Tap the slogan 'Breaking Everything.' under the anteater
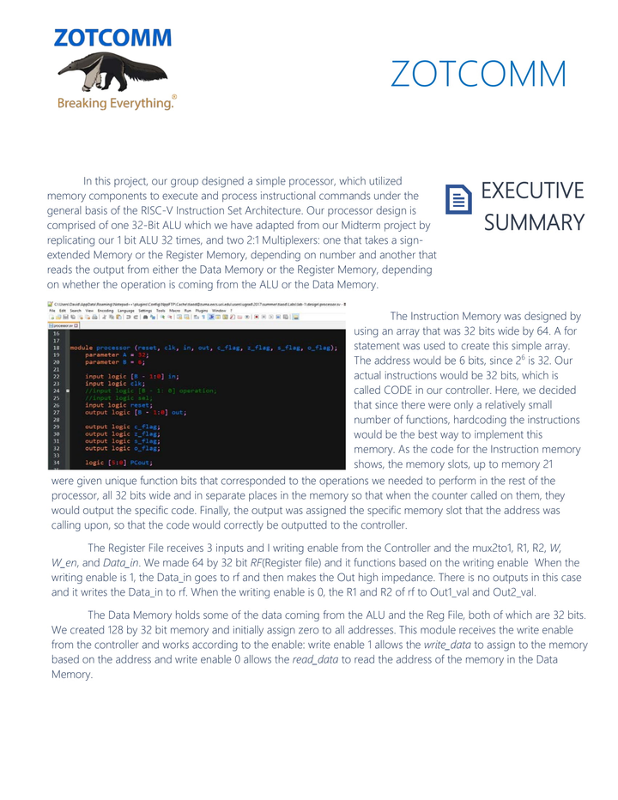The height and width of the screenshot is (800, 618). pos(115,104)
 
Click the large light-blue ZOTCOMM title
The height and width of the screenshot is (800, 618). pos(478,76)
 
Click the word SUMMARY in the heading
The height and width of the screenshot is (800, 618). pos(534,223)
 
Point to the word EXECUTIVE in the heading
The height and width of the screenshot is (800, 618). pos(533,191)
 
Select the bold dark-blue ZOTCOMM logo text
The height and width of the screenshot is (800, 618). pos(112,39)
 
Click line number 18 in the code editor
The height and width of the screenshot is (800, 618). pos(57,348)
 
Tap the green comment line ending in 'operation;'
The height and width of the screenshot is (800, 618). pos(151,391)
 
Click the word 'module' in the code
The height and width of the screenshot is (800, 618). pos(82,348)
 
